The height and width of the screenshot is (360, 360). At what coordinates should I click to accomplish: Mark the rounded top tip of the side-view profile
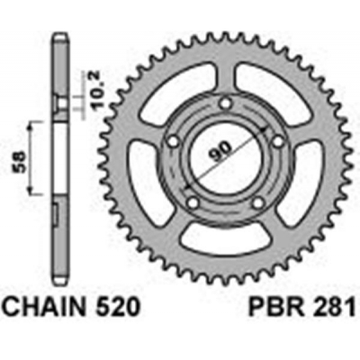(x=59, y=37)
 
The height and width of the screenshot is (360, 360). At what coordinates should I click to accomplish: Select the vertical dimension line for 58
(x=34, y=159)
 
